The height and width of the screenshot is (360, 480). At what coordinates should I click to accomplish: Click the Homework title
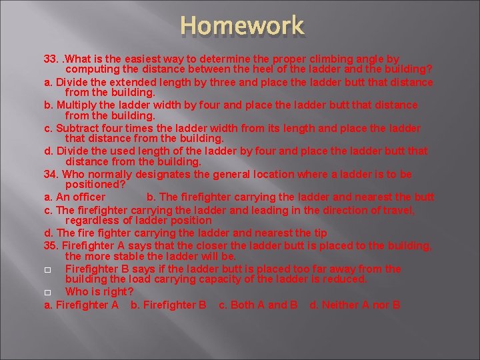(x=242, y=26)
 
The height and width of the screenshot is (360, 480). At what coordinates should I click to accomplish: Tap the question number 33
(x=51, y=59)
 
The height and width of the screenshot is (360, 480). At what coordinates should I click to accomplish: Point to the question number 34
(x=51, y=174)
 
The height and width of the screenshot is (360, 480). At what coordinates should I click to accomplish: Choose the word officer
(x=89, y=197)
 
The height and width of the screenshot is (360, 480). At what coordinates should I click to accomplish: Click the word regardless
(x=92, y=220)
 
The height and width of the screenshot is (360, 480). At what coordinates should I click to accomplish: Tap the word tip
(x=320, y=233)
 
